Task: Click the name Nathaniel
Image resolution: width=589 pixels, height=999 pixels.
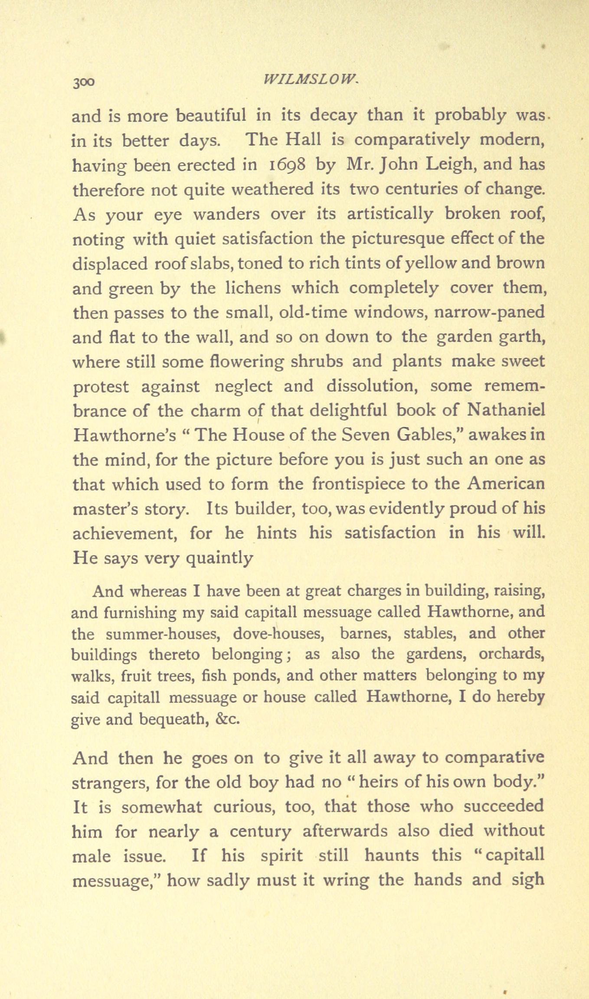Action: [506, 411]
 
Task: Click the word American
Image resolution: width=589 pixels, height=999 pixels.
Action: [506, 484]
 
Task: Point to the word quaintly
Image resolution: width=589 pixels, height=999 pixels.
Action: [219, 558]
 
